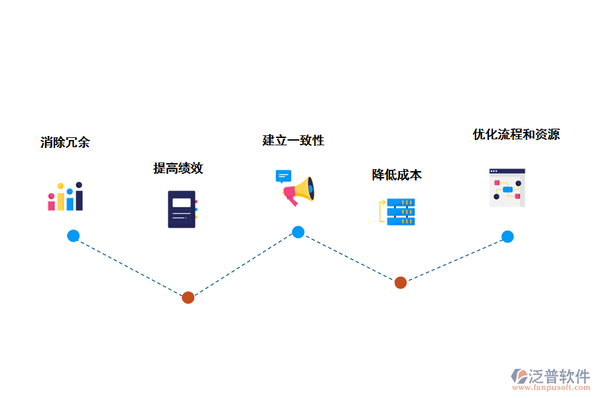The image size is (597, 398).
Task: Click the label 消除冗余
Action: click(65, 142)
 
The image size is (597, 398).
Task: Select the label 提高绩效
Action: click(178, 168)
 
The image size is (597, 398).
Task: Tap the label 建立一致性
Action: click(293, 141)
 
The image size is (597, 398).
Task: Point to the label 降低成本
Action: click(397, 175)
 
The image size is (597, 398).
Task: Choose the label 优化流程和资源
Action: click(516, 135)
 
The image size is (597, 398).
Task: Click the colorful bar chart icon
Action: click(65, 197)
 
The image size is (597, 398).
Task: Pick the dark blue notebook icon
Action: click(182, 209)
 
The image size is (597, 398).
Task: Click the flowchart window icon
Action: click(507, 188)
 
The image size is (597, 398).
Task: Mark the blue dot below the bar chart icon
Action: click(74, 235)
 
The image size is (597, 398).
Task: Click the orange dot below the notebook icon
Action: click(188, 297)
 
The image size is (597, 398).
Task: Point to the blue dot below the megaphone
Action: click(298, 232)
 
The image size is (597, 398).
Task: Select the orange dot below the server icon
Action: click(401, 283)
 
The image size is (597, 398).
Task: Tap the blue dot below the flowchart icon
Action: click(507, 236)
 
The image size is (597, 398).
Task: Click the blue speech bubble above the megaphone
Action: click(283, 176)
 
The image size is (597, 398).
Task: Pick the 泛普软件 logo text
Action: click(559, 375)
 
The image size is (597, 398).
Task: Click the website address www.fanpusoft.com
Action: click(557, 387)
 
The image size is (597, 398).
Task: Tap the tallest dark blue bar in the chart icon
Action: click(79, 197)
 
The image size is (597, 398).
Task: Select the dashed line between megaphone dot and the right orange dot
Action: click(350, 257)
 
